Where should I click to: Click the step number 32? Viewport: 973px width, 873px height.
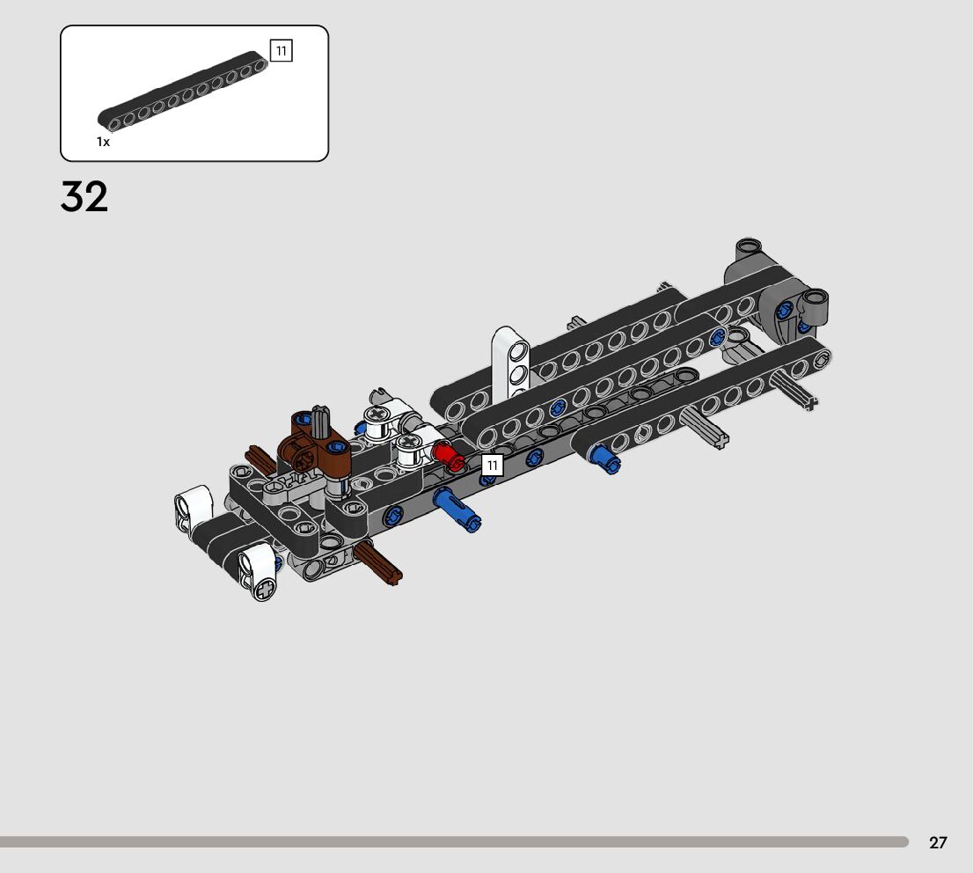click(x=84, y=197)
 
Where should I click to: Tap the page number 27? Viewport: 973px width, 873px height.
click(x=938, y=842)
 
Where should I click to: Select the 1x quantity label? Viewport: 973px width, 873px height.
click(x=103, y=142)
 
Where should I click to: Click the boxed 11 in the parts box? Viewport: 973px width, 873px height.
click(x=282, y=50)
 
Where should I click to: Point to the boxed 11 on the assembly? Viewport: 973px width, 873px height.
click(x=492, y=465)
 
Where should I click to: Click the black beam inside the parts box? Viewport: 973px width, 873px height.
click(x=182, y=92)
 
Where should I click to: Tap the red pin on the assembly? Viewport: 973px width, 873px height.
click(x=450, y=455)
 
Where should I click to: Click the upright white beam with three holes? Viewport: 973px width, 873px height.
click(x=511, y=360)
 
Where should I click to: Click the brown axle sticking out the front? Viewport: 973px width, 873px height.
click(x=378, y=564)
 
